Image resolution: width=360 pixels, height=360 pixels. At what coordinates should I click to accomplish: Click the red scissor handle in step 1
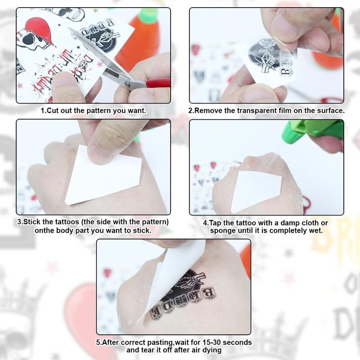[x=158, y=83]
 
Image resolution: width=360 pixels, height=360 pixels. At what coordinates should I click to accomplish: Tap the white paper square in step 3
[x=103, y=176]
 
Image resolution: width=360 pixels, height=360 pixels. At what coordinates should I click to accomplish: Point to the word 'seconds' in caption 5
[x=237, y=342]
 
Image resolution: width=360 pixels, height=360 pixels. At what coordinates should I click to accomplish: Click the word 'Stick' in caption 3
[x=32, y=222]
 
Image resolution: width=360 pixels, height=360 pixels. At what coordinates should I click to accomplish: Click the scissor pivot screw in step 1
[x=127, y=85]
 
